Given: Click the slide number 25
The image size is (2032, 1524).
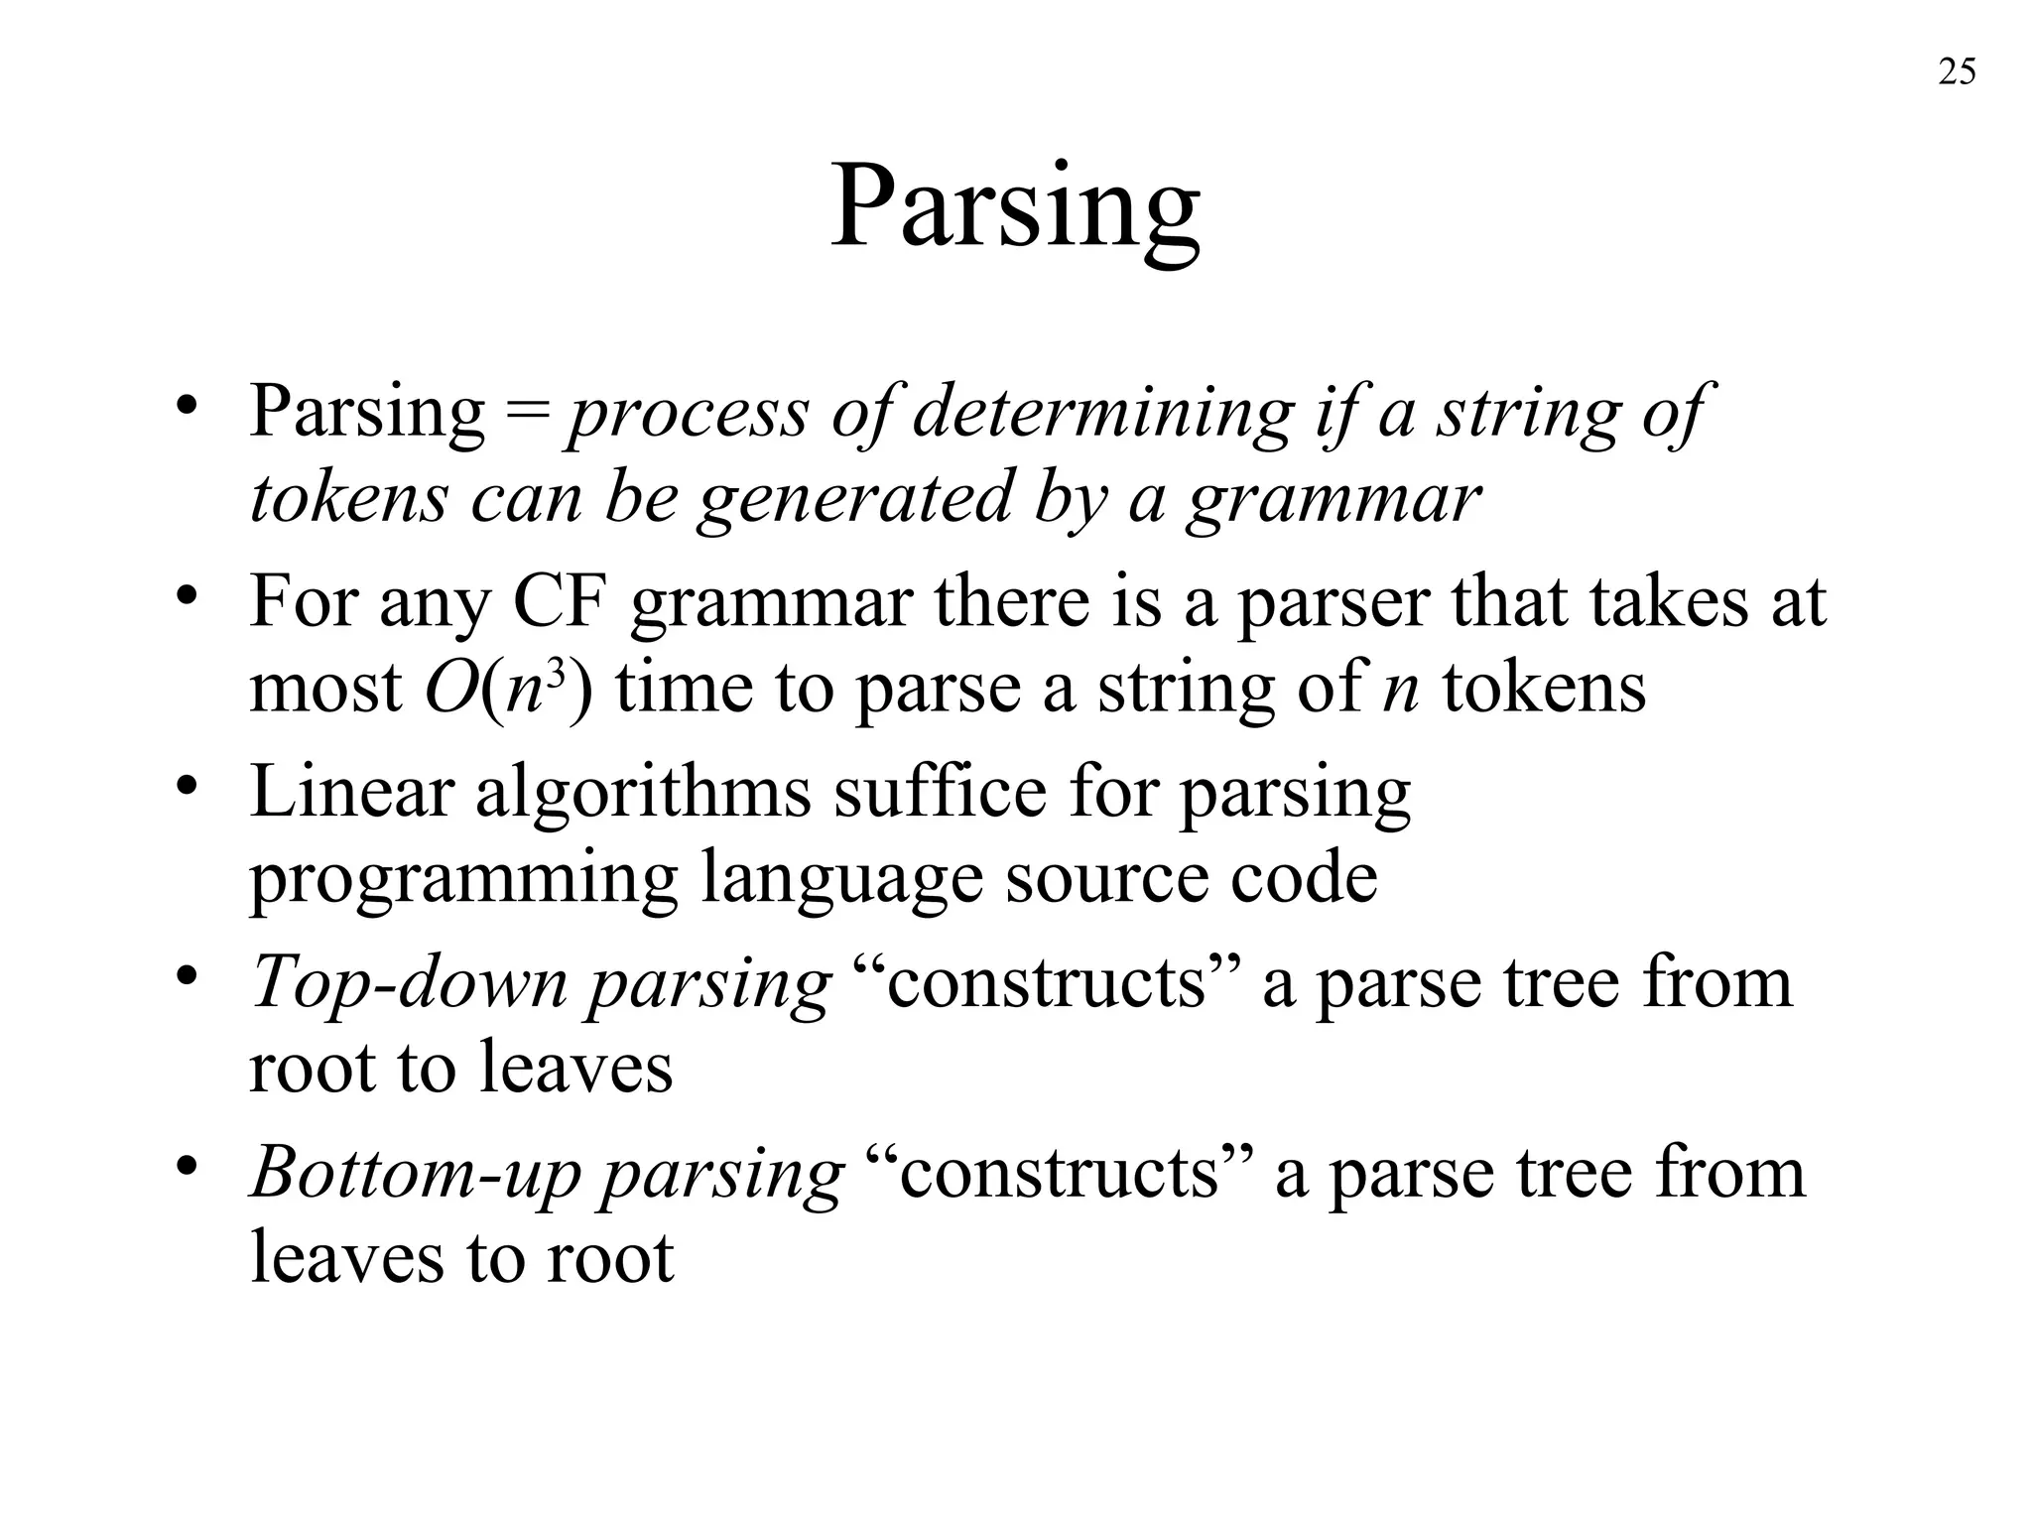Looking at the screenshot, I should click(x=1957, y=72).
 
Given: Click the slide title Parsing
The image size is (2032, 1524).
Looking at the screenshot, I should click(x=1015, y=210).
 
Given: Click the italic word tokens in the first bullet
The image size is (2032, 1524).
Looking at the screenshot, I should click(x=348, y=498).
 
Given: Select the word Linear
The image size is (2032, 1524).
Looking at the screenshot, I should click(x=351, y=792).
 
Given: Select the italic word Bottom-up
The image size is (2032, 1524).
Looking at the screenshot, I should click(x=415, y=1175).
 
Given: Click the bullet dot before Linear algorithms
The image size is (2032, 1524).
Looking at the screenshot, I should click(x=184, y=785).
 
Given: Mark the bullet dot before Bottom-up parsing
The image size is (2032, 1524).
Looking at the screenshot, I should click(x=184, y=1166).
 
